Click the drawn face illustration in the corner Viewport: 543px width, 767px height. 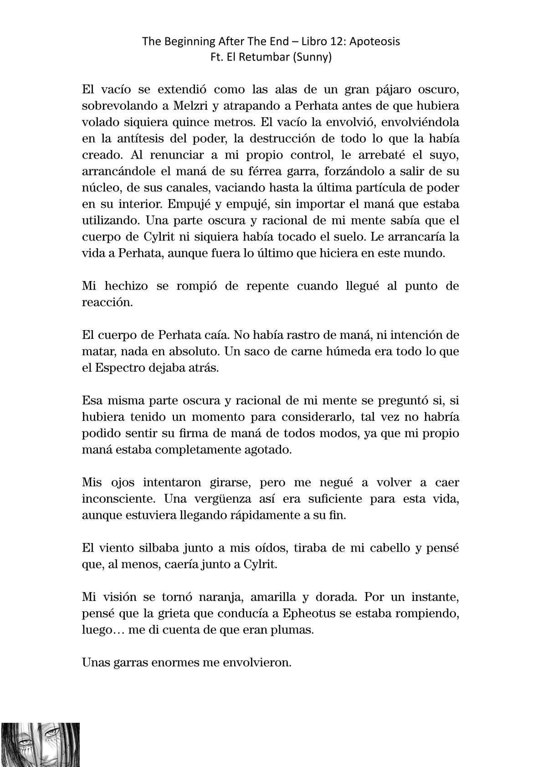pos(41,744)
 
